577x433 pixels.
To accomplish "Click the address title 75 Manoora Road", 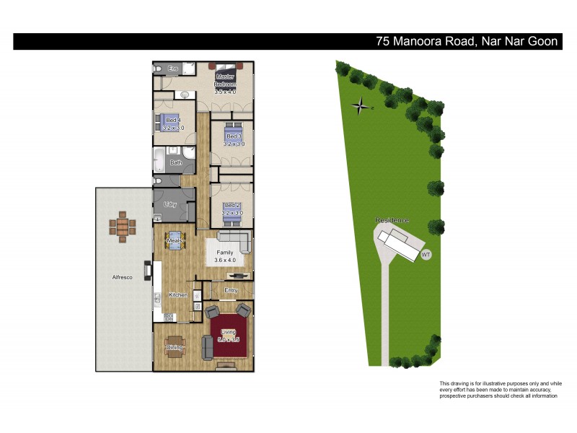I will click(467, 42).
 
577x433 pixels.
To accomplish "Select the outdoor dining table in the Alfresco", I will click(122, 228).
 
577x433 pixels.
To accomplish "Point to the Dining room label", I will click(175, 348).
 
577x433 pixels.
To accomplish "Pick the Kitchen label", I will click(177, 294).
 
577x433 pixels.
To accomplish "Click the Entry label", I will click(231, 290).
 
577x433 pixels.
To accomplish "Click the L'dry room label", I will click(171, 205).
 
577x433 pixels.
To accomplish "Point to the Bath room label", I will click(176, 163).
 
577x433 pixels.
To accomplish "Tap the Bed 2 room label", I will click(232, 206).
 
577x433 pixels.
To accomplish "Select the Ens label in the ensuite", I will click(172, 69).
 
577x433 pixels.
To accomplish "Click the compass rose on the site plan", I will click(360, 108).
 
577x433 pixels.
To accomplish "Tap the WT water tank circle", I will click(426, 254).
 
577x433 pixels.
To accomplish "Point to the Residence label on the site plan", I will click(392, 220).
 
